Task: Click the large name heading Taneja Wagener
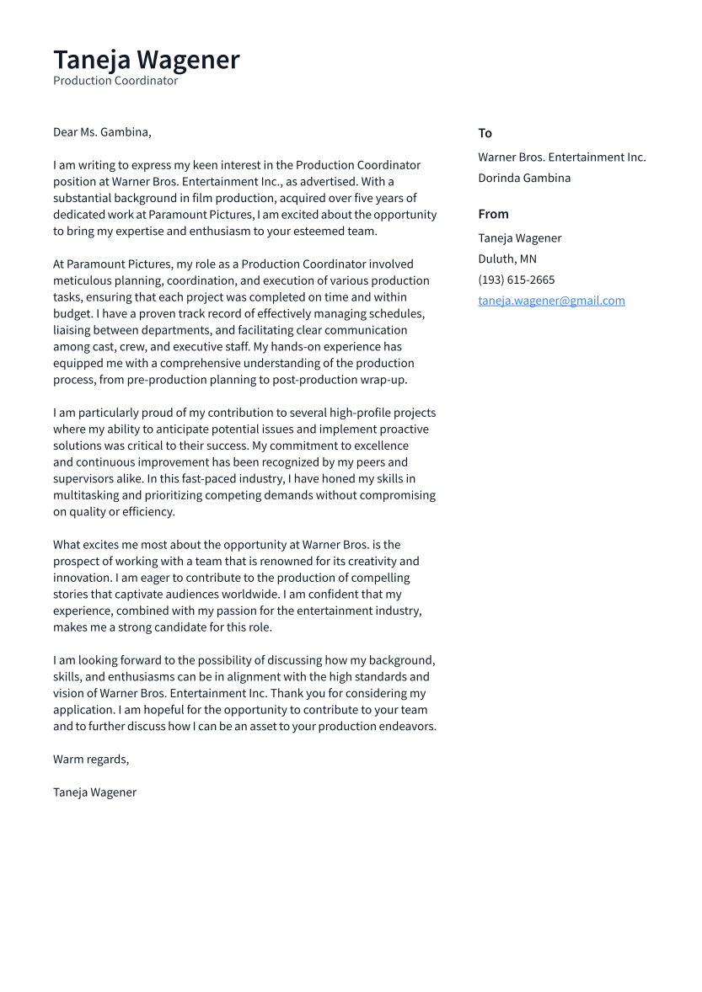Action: (147, 60)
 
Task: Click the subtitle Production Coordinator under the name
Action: (115, 81)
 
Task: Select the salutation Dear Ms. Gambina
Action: (102, 132)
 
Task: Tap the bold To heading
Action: (485, 133)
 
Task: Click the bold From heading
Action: (493, 214)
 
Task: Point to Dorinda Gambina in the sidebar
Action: (524, 178)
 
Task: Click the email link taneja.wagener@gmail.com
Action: (551, 301)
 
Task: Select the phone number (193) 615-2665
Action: (516, 280)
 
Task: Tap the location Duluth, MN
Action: (506, 259)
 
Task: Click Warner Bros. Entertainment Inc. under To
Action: (561, 157)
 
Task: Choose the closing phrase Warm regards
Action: (91, 759)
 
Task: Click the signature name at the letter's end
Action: (94, 792)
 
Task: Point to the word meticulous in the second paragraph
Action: (83, 280)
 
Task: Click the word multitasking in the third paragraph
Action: (87, 495)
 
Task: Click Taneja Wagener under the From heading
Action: (519, 238)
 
